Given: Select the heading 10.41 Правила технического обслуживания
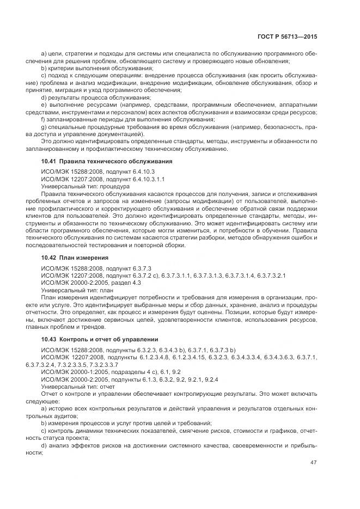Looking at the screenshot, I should click(x=107, y=161).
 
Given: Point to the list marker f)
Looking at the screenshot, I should click(x=44, y=119).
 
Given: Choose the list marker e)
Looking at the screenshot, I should click(x=44, y=104).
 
